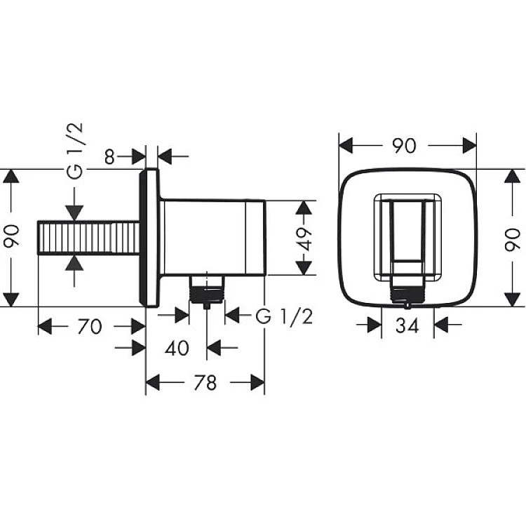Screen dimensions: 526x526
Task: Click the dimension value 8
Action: point(109,156)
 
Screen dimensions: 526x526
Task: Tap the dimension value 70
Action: point(89,326)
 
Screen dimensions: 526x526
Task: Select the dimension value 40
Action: point(177,348)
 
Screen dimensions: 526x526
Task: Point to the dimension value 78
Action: point(205,383)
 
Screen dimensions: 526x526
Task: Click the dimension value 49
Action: point(305,240)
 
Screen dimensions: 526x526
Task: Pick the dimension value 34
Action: point(407,325)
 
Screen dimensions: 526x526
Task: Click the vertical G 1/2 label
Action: point(74,151)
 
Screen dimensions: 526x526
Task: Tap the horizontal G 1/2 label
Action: point(284,316)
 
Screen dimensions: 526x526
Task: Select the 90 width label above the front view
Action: point(405,146)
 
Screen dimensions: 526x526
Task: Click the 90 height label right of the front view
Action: point(512,239)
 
